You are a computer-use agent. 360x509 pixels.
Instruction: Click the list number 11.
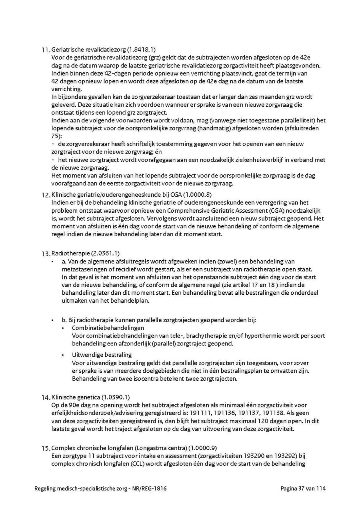[x=46, y=50]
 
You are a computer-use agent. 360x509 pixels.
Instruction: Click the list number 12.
[x=46, y=196]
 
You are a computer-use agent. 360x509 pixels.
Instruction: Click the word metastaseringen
[x=82, y=269]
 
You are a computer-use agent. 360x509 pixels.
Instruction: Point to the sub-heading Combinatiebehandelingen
[x=102, y=328]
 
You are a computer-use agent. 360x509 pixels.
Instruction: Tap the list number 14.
[x=46, y=398]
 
